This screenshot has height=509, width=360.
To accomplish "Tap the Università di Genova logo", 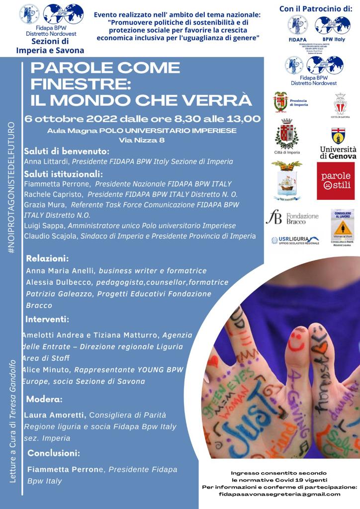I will coord(338,144).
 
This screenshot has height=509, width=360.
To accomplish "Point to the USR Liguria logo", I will coord(295,240).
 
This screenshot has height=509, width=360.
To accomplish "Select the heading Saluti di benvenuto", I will coord(67,151).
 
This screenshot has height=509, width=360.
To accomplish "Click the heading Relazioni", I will coord(47,258).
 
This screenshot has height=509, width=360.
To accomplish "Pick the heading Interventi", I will coord(47,319).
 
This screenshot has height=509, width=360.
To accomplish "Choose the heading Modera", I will coord(44,399).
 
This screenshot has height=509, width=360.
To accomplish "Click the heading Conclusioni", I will coord(54,453).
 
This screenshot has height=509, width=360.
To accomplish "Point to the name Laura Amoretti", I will coord(55,415).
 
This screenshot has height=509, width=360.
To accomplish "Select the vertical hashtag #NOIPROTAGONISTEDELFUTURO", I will coord(11,188).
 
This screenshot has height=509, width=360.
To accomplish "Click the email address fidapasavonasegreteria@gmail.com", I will coord(279,494).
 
